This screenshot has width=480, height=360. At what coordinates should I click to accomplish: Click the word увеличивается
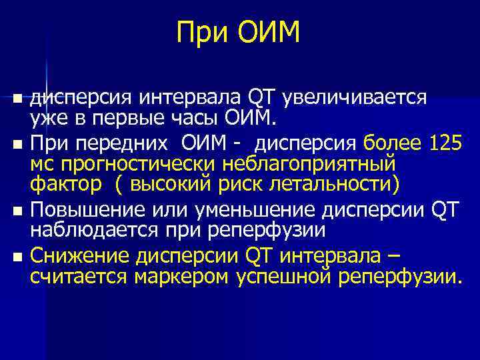[355, 98]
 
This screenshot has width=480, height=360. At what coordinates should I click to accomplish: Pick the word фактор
[65, 185]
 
